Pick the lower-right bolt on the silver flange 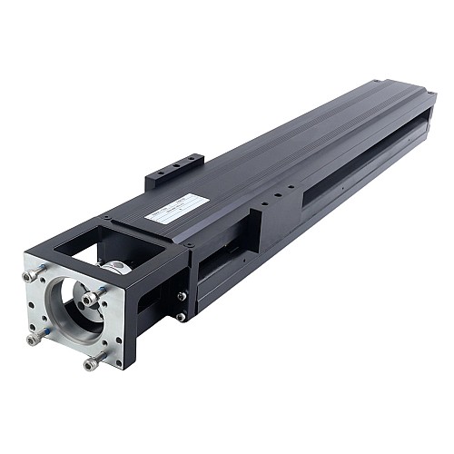point(92,362)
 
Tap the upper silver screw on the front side point(183,296)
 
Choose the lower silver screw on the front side point(182,316)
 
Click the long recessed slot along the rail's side point(363,163)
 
